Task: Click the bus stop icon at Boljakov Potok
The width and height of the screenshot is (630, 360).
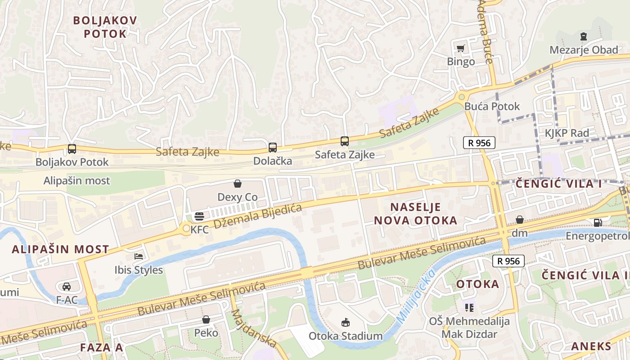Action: pyautogui.click(x=72, y=148)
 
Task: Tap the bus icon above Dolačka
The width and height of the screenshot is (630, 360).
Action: pyautogui.click(x=273, y=147)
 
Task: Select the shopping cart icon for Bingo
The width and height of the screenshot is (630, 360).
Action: pyautogui.click(x=460, y=48)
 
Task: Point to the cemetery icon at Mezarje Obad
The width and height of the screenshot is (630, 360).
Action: pyautogui.click(x=584, y=36)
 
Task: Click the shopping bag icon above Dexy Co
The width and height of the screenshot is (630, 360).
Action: pyautogui.click(x=238, y=184)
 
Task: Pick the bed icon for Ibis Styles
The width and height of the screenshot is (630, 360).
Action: pyautogui.click(x=139, y=256)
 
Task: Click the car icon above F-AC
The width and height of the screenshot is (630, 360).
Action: pyautogui.click(x=67, y=286)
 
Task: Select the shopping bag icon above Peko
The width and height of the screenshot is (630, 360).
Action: pyautogui.click(x=206, y=319)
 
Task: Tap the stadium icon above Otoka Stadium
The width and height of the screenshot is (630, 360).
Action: pyautogui.click(x=346, y=322)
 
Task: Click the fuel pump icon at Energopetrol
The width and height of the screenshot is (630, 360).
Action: pyautogui.click(x=598, y=222)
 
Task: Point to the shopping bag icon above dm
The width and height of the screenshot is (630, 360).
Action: pyautogui.click(x=520, y=220)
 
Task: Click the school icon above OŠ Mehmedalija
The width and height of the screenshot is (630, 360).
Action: pyautogui.click(x=469, y=308)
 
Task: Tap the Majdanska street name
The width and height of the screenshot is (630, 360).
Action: pyautogui.click(x=254, y=328)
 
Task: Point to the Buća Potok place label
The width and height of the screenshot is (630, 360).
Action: pyautogui.click(x=492, y=107)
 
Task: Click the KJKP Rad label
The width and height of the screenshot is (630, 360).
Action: pyautogui.click(x=567, y=133)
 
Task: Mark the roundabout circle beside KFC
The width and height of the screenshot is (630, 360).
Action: pyautogui.click(x=186, y=229)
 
